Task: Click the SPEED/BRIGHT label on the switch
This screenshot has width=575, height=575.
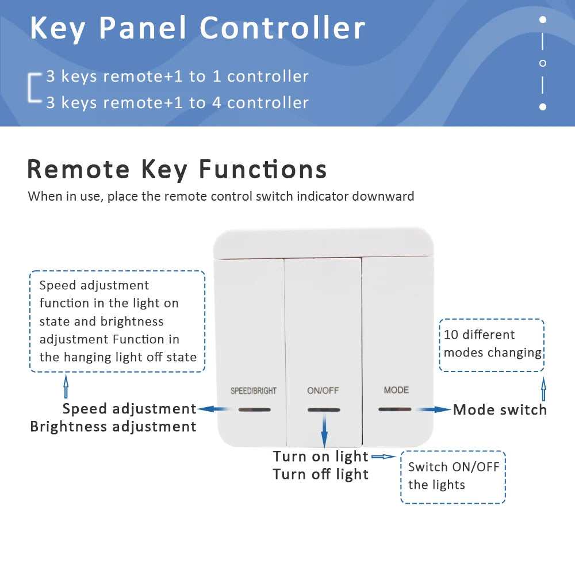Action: click(x=254, y=391)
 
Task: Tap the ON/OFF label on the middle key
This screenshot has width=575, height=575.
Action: click(x=323, y=391)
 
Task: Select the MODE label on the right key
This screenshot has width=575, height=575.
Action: click(x=396, y=390)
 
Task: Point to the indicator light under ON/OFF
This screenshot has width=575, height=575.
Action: click(x=324, y=410)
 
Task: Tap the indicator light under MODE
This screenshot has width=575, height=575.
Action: click(x=395, y=409)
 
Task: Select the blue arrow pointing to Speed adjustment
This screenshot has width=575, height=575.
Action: click(x=214, y=409)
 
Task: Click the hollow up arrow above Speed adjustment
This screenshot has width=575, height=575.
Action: click(x=66, y=386)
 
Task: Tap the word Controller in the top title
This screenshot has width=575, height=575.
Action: click(x=282, y=28)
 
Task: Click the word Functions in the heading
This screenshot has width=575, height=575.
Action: click(x=263, y=170)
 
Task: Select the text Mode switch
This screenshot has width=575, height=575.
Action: click(x=500, y=409)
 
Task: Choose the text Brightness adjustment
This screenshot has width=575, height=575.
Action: click(x=113, y=427)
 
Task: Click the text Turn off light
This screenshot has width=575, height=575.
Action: click(x=320, y=474)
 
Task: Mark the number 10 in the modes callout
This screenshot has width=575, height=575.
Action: click(x=451, y=335)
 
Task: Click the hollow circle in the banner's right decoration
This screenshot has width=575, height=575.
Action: click(x=542, y=63)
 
